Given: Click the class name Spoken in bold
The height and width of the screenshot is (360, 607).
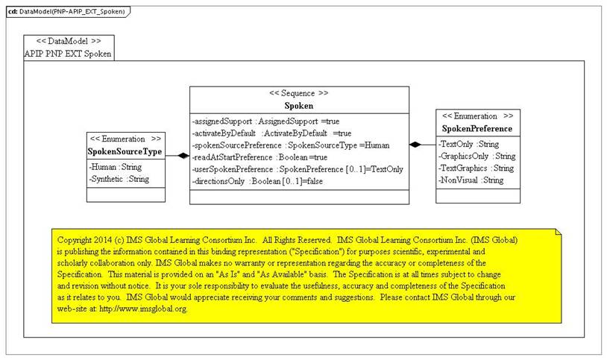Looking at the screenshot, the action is [298, 106].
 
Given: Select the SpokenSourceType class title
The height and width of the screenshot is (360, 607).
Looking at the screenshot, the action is [125, 151].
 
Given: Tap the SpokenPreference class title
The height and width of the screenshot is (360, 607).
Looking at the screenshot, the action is [477, 128].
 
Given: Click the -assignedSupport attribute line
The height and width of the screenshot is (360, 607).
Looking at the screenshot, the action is [265, 121].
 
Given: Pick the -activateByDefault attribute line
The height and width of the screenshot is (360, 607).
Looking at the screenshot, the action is [271, 133].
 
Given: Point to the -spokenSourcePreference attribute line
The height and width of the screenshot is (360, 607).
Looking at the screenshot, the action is [291, 145].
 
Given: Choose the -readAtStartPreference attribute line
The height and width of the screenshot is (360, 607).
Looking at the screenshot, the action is [260, 157].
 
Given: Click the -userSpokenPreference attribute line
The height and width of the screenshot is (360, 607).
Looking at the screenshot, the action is [298, 169].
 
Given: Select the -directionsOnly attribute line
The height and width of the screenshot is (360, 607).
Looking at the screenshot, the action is [257, 181].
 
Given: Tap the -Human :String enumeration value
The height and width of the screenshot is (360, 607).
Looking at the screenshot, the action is [116, 167].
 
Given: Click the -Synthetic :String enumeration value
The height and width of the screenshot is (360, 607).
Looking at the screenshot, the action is [119, 179].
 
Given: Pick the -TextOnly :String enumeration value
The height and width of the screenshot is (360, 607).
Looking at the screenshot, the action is [468, 144].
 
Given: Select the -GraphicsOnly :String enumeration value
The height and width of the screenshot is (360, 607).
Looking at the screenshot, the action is [477, 156].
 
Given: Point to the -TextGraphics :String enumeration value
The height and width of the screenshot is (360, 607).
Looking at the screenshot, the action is [477, 168].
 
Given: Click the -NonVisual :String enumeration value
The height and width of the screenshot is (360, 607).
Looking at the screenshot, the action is [471, 180].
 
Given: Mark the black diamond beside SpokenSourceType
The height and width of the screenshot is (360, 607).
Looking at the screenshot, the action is [183, 156].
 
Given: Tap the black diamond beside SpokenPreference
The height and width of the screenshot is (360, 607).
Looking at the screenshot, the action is [415, 145].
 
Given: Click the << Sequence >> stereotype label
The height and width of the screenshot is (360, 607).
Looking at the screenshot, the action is [299, 93].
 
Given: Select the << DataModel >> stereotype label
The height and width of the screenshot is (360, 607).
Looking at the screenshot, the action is [69, 41].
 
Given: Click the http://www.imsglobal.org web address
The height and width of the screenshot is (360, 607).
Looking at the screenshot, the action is [144, 309].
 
